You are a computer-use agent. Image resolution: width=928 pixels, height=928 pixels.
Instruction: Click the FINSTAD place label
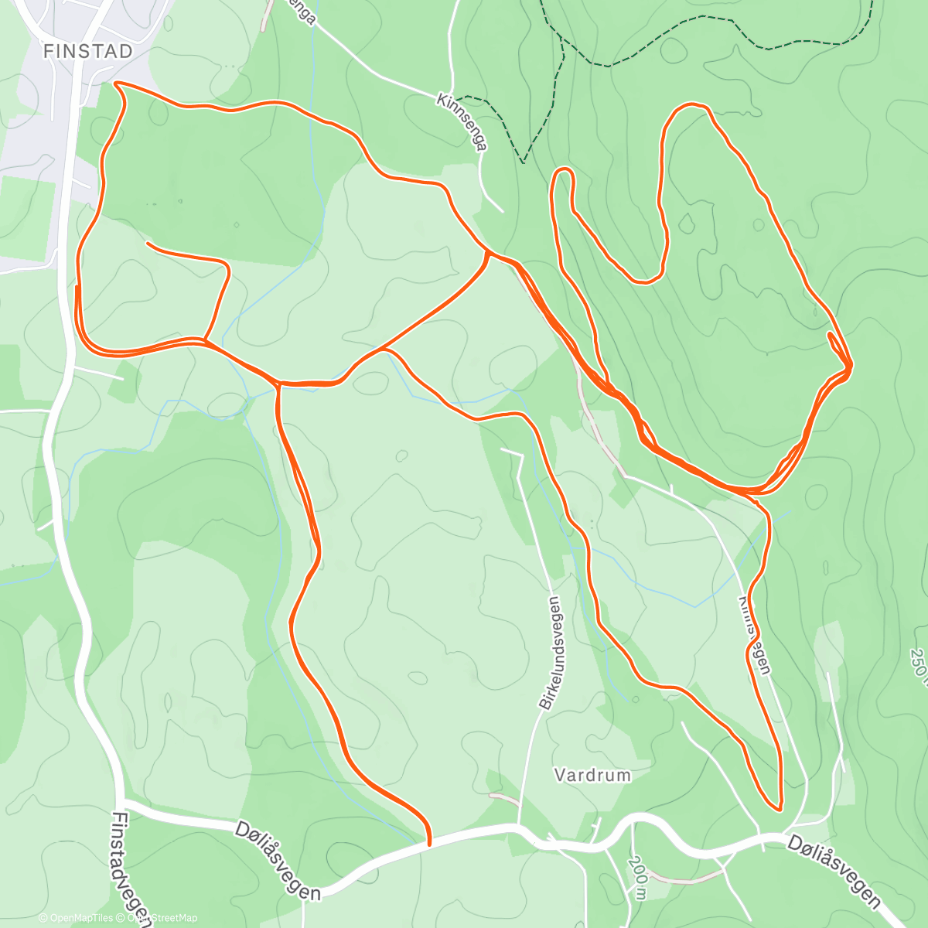(87, 51)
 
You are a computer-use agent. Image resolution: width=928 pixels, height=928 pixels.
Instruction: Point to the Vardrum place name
(592, 775)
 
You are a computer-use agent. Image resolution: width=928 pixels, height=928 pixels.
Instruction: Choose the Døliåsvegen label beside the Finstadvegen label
(278, 859)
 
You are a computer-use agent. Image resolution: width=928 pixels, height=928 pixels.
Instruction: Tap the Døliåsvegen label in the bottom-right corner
(834, 870)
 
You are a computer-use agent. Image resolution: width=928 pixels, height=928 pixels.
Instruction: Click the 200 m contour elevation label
(639, 874)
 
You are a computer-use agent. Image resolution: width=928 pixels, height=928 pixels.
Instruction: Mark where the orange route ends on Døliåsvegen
(428, 844)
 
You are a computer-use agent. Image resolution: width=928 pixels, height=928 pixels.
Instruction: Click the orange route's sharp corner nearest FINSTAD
(115, 83)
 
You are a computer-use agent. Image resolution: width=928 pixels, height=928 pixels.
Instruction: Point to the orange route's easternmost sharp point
(851, 364)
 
